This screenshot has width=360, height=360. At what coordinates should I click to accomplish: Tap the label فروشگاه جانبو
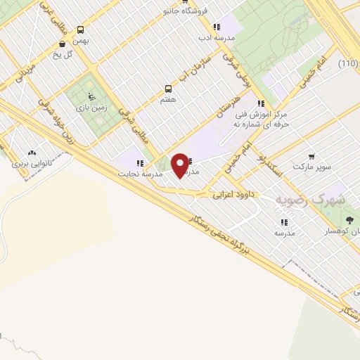(186, 11)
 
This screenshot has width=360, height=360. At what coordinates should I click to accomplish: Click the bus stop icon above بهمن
(81, 30)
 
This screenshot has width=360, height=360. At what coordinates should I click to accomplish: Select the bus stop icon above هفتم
(168, 89)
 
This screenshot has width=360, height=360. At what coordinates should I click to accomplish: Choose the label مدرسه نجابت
(140, 173)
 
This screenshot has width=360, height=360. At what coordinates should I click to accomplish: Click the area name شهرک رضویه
(309, 200)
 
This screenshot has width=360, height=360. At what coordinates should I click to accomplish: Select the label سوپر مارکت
(312, 168)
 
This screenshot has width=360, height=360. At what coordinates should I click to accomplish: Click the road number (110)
(347, 64)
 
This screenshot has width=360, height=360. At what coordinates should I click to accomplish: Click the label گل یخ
(65, 54)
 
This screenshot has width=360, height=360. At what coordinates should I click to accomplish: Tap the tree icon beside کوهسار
(349, 220)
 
